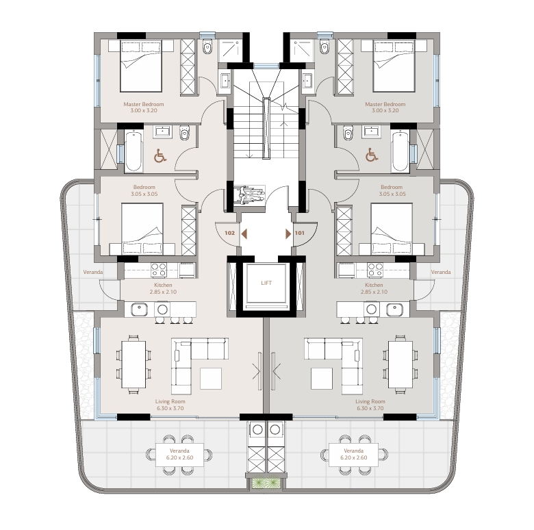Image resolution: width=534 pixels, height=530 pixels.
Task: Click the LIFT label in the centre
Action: pos(266,283)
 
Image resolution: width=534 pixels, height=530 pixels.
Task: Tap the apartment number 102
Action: pos(230,233)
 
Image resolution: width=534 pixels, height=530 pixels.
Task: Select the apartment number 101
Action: pos(300,233)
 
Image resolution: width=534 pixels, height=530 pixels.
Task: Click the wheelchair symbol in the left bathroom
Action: pos(160,155)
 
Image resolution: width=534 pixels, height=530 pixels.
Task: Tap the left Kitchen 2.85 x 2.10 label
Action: pos(163,288)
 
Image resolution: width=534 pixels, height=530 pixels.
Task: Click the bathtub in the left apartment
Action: pos(133,151)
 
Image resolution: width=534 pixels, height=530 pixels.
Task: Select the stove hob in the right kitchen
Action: pos(375,270)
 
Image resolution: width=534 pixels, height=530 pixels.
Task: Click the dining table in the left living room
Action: pos(133,364)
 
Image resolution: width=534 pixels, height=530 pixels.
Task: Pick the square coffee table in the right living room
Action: pos(322,379)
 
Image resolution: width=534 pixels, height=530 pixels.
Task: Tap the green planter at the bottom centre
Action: pos(267,483)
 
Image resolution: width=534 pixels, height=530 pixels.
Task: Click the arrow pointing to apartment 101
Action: pos(288,234)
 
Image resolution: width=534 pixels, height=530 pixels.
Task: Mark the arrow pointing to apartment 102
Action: pos(244,234)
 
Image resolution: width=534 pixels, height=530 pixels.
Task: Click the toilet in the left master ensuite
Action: pos(207,47)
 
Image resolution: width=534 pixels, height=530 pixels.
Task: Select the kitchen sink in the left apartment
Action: pos(139,310)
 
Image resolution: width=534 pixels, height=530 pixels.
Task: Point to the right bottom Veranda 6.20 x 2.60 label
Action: pos(353,454)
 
